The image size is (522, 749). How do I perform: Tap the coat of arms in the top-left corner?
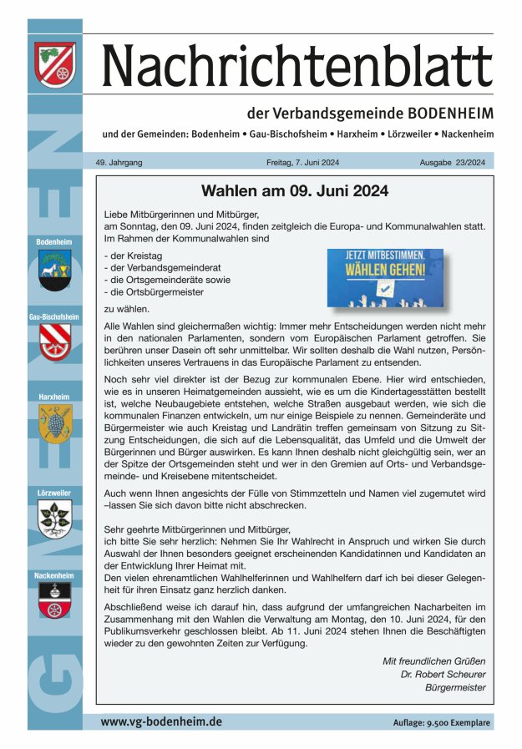click(55, 64)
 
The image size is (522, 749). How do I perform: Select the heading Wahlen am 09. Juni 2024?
click(295, 190)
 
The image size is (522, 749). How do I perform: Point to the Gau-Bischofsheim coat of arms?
click(55, 342)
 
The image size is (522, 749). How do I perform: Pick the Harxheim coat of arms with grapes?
click(55, 424)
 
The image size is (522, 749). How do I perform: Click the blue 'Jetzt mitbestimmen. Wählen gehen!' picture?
click(386, 277)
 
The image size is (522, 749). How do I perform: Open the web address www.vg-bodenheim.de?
click(161, 721)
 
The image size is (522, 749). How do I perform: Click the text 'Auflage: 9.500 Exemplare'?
click(438, 722)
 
